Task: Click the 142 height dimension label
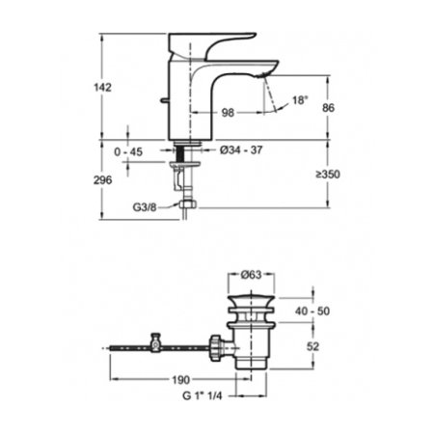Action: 102,87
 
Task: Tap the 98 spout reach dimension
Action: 228,113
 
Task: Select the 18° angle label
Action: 300,100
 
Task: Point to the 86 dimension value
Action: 328,108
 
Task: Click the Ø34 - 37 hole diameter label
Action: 241,149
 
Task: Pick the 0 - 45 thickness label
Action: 128,151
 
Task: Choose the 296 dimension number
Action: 103,180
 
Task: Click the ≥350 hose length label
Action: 328,175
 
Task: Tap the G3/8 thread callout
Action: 145,207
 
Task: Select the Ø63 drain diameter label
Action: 251,275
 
